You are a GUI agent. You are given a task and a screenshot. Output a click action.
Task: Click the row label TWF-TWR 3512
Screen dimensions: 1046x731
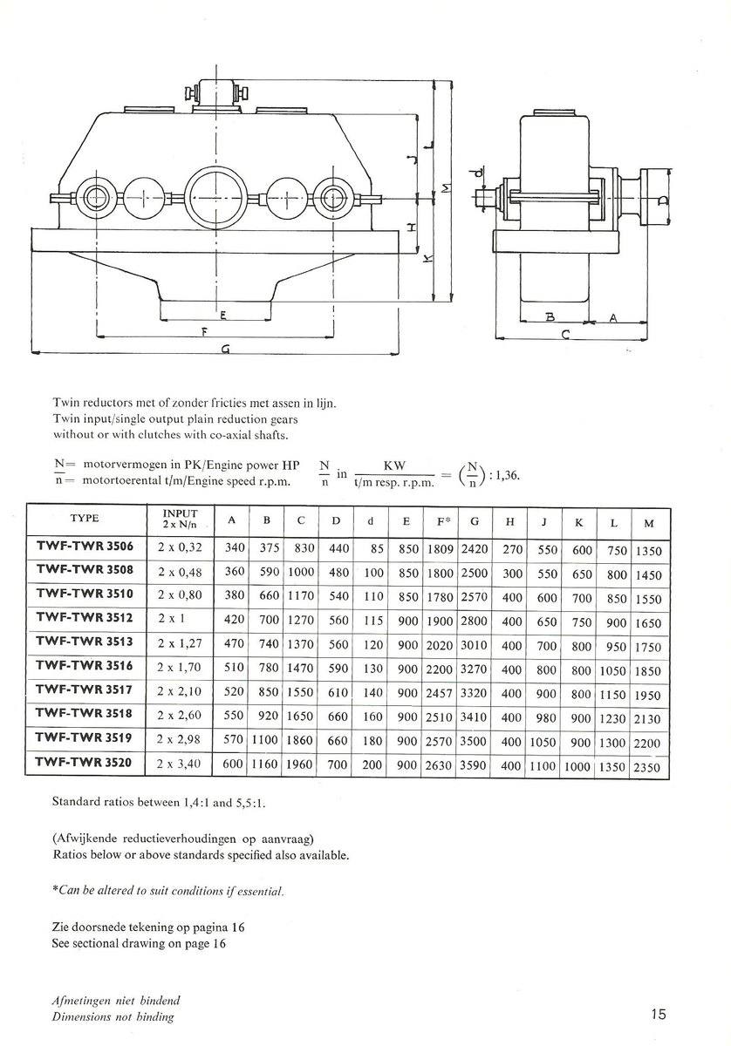[85, 622]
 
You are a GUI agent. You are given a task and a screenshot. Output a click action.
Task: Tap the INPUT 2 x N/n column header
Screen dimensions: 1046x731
[181, 520]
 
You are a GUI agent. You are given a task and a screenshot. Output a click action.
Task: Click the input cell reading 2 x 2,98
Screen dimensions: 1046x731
[180, 742]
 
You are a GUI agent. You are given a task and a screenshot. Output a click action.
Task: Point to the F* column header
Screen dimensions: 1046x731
[441, 521]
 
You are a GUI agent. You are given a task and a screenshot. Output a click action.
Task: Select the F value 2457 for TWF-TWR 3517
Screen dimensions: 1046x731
[441, 695]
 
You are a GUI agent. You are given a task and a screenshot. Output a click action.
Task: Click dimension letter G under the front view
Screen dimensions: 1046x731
[225, 349]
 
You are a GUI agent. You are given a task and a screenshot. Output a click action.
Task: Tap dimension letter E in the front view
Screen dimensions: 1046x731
[224, 313]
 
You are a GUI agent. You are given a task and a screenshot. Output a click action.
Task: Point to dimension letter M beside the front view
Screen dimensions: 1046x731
[447, 188]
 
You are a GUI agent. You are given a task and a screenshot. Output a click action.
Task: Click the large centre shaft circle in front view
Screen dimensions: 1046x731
[215, 197]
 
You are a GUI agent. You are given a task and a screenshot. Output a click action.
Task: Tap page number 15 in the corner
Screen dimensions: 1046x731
[658, 1014]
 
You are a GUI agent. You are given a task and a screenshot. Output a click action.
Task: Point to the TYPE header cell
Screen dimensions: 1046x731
[85, 519]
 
